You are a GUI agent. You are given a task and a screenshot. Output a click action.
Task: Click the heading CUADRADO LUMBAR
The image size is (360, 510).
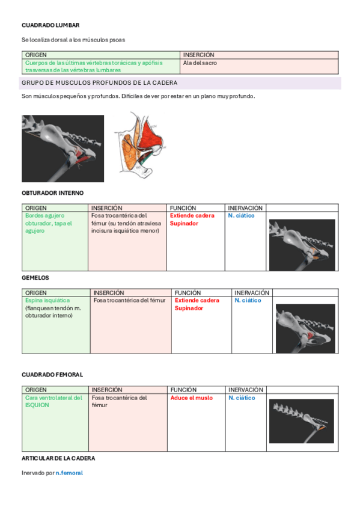[50, 25]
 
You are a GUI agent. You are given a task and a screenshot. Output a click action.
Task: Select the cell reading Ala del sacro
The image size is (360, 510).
[200, 63]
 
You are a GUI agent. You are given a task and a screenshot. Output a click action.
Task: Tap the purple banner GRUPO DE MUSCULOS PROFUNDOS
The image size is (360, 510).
[180, 83]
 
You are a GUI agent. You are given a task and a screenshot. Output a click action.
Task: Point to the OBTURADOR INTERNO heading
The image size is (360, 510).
[53, 193]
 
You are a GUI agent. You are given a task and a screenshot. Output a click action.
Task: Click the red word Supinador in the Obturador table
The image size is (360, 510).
[184, 224]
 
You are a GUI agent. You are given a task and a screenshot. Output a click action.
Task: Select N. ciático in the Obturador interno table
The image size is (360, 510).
[241, 216]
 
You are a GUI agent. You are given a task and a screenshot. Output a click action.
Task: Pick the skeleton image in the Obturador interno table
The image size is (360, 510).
[302, 245]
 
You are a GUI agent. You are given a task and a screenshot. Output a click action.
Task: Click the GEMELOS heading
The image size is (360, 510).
[35, 278]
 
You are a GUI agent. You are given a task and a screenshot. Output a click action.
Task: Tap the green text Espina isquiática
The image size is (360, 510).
[47, 301]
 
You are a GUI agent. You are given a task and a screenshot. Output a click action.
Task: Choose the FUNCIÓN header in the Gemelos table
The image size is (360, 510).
[188, 293]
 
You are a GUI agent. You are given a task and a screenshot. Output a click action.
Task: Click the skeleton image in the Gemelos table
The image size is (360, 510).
[305, 328]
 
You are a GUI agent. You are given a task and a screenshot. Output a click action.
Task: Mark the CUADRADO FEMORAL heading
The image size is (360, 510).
[52, 375]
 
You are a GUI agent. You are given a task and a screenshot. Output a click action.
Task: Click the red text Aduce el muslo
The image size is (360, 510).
[192, 398]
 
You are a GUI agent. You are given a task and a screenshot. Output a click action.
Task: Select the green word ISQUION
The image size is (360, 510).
[37, 405]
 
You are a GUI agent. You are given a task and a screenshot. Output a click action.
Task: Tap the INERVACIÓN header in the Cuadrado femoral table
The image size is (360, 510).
[246, 390]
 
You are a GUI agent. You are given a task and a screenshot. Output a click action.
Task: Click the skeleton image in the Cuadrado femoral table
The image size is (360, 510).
[302, 421]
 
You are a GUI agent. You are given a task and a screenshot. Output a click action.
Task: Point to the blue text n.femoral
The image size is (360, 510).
[69, 473]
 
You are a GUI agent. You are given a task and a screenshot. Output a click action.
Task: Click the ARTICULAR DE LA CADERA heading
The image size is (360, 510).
[58, 458]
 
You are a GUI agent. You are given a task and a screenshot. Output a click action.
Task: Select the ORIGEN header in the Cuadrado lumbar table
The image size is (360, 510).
[35, 55]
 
